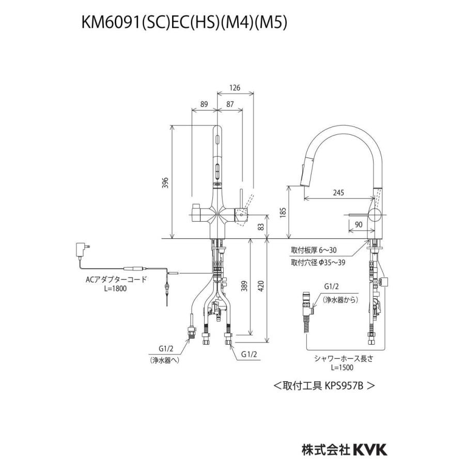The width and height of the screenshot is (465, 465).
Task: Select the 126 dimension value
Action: tap(235, 88)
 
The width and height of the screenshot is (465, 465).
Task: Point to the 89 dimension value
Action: tap(204, 104)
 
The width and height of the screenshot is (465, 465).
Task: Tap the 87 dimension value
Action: tap(230, 104)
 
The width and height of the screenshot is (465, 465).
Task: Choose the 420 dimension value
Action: tap(261, 284)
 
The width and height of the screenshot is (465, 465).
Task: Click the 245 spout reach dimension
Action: tap(338, 193)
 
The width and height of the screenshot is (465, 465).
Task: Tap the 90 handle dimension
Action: tap(358, 225)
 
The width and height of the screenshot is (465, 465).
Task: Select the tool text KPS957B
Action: tap(346, 385)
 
